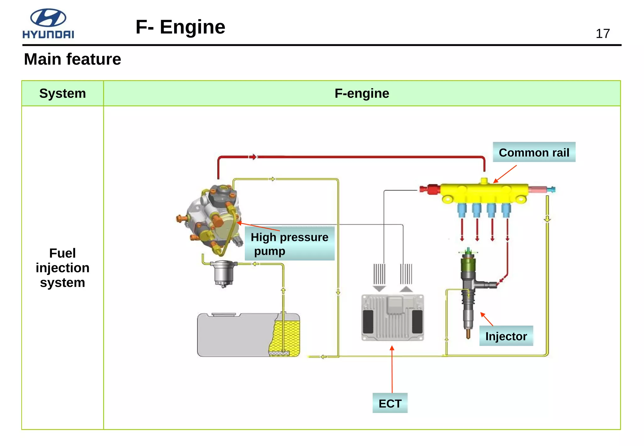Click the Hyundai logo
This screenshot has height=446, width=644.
[x=48, y=24]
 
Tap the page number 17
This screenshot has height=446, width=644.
[x=602, y=34]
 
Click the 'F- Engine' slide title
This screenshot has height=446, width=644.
[x=180, y=27]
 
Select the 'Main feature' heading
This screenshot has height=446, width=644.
[x=72, y=59]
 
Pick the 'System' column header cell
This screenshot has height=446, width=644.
[x=63, y=93]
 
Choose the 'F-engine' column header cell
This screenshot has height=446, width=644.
[x=362, y=93]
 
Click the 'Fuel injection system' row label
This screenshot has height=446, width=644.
[x=63, y=268]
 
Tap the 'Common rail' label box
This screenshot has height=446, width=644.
[x=534, y=152]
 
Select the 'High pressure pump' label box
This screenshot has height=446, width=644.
[x=289, y=244]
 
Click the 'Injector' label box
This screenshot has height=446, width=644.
[x=506, y=336]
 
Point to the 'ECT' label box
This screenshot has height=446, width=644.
[x=390, y=403]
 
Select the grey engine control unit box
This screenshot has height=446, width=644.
[x=392, y=317]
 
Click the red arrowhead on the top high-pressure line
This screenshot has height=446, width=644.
[x=253, y=157]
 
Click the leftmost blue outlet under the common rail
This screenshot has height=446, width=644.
[x=462, y=210]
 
